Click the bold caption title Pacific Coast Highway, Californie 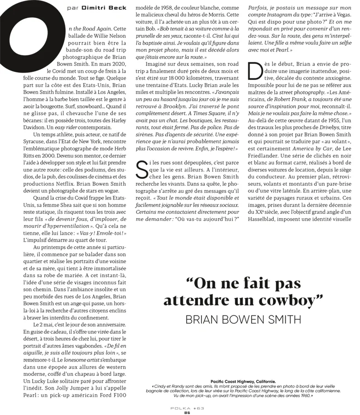click(243, 381)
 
